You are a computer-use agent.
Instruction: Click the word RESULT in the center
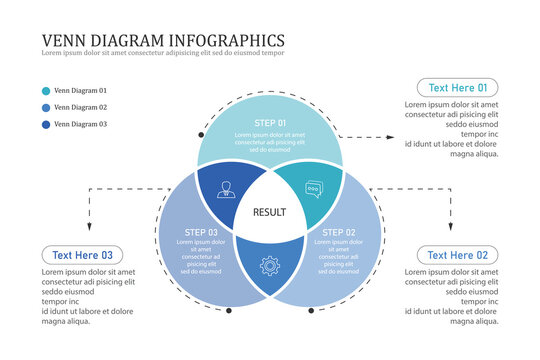click(270, 212)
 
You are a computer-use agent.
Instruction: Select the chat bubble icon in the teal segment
click(315, 188)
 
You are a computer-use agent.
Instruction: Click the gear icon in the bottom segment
click(269, 266)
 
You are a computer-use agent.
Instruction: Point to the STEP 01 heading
click(270, 123)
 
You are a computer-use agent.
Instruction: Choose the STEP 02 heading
click(339, 232)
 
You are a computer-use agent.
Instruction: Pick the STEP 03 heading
click(201, 232)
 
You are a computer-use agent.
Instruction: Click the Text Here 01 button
click(457, 87)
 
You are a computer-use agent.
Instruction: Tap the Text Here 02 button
click(457, 255)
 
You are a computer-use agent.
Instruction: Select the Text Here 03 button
click(82, 255)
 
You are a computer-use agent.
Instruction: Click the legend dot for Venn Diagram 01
click(46, 90)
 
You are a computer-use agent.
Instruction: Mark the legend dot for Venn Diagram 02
click(46, 107)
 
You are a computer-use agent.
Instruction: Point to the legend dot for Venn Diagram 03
click(46, 125)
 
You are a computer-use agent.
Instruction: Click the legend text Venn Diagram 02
click(80, 107)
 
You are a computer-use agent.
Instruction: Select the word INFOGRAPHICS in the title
click(227, 40)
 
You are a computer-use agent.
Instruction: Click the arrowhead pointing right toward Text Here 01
click(392, 135)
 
